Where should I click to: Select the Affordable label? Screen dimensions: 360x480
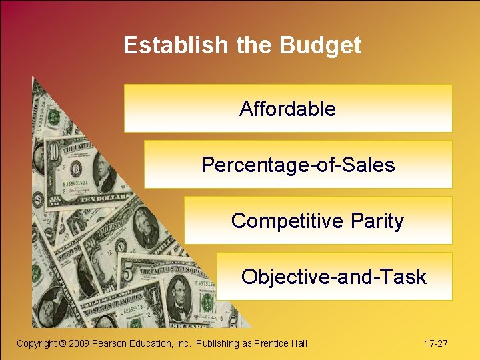[287, 109]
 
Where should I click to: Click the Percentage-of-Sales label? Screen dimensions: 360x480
[298, 165]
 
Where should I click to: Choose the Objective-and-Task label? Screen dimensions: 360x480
[333, 277]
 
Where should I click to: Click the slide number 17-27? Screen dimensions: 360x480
[436, 343]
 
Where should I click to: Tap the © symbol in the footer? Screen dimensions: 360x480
[63, 343]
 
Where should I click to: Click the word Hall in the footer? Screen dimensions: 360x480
[298, 343]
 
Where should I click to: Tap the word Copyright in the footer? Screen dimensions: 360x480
[37, 343]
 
